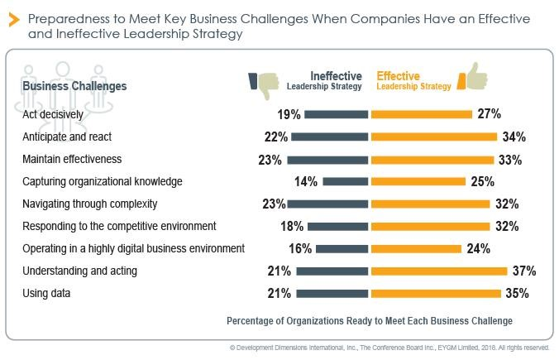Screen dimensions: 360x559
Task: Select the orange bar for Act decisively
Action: click(422, 114)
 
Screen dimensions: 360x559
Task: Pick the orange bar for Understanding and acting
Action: click(439, 271)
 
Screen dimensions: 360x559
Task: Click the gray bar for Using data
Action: click(332, 293)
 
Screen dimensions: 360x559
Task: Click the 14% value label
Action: click(305, 181)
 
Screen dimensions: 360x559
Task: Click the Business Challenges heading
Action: click(74, 85)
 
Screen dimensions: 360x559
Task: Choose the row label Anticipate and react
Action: click(67, 137)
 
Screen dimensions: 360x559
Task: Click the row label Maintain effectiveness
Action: click(72, 159)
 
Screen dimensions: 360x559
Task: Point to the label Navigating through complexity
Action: click(90, 204)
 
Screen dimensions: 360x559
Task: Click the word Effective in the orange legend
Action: click(399, 75)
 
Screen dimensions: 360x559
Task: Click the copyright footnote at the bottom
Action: click(389, 348)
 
